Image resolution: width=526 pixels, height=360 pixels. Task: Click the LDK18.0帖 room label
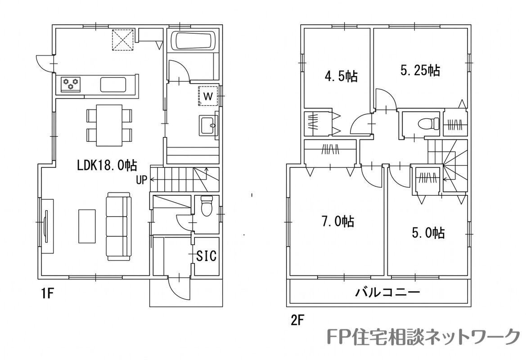click(107, 165)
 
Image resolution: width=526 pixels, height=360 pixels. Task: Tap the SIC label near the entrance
click(207, 256)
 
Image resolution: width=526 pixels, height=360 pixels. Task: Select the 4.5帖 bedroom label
click(341, 76)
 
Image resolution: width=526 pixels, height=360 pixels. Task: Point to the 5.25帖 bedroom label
click(420, 70)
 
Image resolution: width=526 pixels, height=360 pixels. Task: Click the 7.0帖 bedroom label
click(338, 221)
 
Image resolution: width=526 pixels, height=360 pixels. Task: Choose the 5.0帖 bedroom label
click(428, 233)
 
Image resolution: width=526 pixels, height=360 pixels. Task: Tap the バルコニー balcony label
click(387, 292)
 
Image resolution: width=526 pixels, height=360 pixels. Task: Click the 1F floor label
click(47, 293)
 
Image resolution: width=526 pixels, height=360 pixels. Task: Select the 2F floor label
click(297, 321)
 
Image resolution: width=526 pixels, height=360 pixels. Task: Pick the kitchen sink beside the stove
click(113, 84)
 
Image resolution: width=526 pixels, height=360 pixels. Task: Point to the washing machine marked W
click(208, 96)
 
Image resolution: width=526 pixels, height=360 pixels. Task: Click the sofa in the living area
click(118, 226)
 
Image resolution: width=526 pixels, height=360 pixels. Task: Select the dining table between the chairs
click(109, 126)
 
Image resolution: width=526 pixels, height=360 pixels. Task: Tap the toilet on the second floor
click(429, 123)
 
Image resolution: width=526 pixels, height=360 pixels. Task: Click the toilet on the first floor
click(207, 206)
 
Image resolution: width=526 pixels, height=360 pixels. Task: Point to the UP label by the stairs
click(141, 180)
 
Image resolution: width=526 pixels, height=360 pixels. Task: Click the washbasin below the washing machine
click(208, 126)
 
